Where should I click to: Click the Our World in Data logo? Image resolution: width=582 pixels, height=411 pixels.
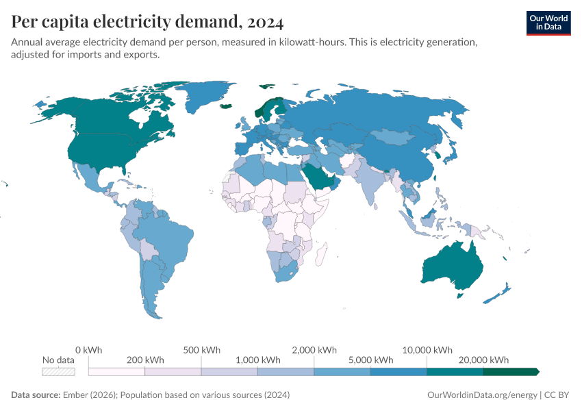click(x=548, y=23)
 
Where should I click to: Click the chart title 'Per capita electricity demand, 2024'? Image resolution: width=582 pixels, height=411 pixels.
click(x=147, y=23)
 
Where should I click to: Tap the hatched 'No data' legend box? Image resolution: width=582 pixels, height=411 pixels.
click(x=58, y=371)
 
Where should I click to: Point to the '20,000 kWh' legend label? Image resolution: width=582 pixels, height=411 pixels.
click(x=483, y=360)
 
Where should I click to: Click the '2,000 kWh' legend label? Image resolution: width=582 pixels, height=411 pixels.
click(x=314, y=349)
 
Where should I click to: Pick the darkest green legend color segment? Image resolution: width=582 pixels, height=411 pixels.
click(x=510, y=371)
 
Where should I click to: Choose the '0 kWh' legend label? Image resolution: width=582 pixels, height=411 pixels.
click(x=88, y=349)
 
